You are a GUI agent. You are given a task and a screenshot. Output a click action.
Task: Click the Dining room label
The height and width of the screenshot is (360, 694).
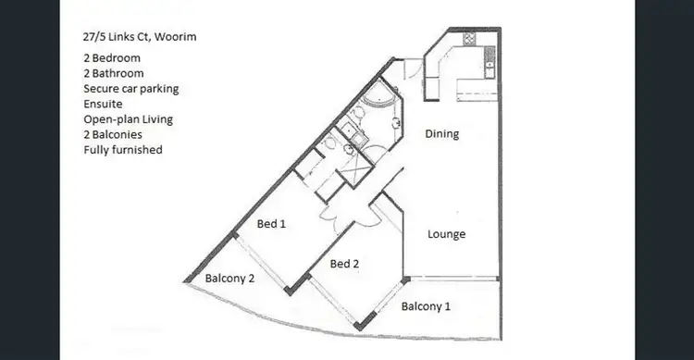pyautogui.click(x=441, y=134)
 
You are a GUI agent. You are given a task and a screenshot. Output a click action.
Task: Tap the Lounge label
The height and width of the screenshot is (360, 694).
pyautogui.click(x=446, y=234)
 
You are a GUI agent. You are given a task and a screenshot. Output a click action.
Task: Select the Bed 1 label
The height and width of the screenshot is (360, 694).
pyautogui.click(x=270, y=224)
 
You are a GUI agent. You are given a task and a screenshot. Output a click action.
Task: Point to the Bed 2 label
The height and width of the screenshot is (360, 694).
pyautogui.click(x=343, y=264)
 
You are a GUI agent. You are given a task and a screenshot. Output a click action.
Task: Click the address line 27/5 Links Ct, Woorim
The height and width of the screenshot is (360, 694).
pyautogui.click(x=138, y=38)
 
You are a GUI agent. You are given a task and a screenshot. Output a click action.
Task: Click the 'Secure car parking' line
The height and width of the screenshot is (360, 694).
pyautogui.click(x=130, y=89)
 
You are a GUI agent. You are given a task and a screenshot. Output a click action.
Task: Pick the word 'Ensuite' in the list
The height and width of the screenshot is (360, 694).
pyautogui.click(x=103, y=104)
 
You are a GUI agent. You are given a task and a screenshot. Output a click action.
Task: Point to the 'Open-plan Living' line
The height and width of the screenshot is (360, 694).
pyautogui.click(x=128, y=118)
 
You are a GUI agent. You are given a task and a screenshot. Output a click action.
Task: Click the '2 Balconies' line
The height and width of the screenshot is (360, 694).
pyautogui.click(x=112, y=134)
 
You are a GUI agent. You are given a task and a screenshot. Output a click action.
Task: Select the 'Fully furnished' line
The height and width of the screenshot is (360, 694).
pyautogui.click(x=122, y=149)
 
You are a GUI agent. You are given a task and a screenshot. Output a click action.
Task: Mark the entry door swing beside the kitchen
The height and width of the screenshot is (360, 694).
pyautogui.click(x=412, y=68)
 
